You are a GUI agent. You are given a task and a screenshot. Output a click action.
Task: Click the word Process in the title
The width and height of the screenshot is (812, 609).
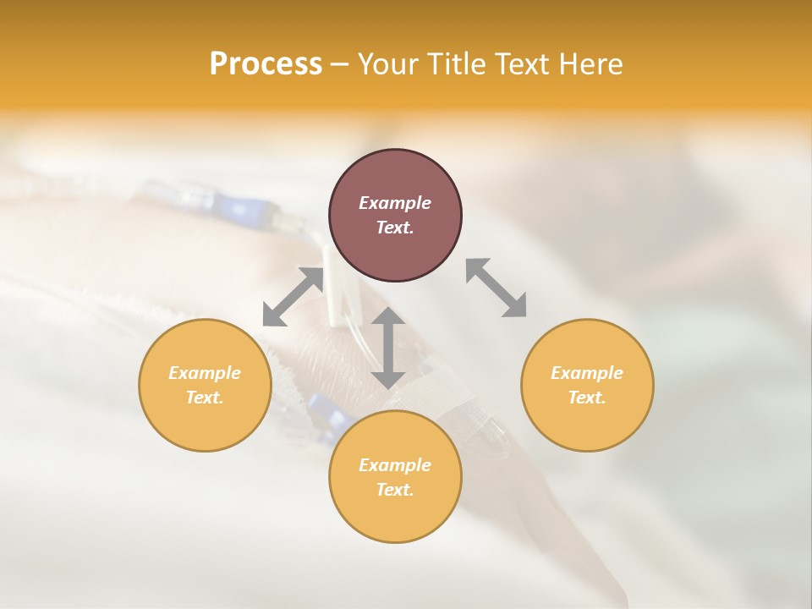click(x=266, y=64)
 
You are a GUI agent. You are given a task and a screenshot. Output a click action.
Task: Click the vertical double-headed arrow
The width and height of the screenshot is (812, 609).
click(x=388, y=348)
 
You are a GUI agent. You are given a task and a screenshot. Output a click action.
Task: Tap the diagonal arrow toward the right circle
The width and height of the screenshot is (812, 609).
click(x=497, y=288)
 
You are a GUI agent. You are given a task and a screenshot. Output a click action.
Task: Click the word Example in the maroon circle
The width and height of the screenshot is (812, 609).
click(x=395, y=203)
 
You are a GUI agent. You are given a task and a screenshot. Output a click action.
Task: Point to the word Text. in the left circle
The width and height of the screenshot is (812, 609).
click(x=205, y=398)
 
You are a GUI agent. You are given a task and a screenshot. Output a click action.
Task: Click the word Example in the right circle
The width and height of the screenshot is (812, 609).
click(x=587, y=373)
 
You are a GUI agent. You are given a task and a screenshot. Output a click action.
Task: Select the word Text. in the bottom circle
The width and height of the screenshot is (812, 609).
click(x=395, y=490)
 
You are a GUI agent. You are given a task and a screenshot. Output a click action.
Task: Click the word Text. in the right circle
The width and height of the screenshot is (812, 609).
click(x=587, y=398)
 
